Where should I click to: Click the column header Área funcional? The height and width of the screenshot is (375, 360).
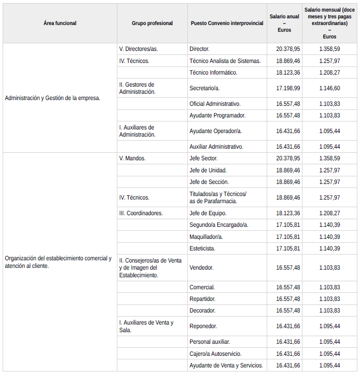tap(60, 23)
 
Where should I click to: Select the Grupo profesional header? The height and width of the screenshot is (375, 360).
tap(152, 23)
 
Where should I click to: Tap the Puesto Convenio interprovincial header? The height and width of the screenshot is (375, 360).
tap(227, 23)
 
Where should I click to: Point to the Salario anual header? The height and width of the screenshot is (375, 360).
tap(284, 23)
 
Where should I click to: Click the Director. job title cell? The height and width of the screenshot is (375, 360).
tap(199, 49)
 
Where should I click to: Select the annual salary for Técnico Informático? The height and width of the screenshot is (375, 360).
tap(288, 72)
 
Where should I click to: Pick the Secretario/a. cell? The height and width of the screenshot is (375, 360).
tap(205, 88)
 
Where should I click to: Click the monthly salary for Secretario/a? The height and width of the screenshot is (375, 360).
tap(330, 88)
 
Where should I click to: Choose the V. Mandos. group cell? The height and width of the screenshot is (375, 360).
tap(132, 158)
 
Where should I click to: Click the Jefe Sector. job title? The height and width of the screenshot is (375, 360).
tap(203, 158)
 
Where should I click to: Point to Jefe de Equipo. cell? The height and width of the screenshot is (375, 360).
tap(208, 213)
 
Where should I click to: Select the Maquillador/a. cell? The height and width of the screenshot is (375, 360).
tap(206, 237)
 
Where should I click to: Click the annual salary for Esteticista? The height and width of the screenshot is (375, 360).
tap(288, 249)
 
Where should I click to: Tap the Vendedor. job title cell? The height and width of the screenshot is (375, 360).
tap(202, 268)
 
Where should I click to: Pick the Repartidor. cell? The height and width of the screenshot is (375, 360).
tap(203, 299)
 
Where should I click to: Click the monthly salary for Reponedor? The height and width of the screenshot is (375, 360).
tap(330, 326)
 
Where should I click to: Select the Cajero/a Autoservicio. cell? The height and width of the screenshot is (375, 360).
tap(215, 354)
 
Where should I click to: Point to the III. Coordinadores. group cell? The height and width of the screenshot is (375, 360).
tap(141, 213)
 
